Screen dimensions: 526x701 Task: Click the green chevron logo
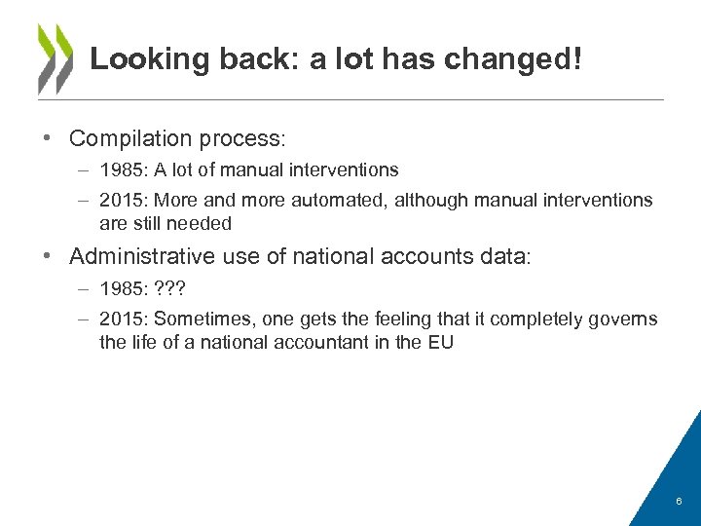[x=55, y=57]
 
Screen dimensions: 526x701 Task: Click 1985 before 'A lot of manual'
[x=122, y=170]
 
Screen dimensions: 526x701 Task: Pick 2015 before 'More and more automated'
[x=122, y=200]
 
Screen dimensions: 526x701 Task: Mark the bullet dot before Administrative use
[x=46, y=256]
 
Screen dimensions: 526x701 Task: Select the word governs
[x=624, y=319]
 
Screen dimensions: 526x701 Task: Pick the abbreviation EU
[x=440, y=342]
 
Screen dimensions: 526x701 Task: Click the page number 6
[x=679, y=502]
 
